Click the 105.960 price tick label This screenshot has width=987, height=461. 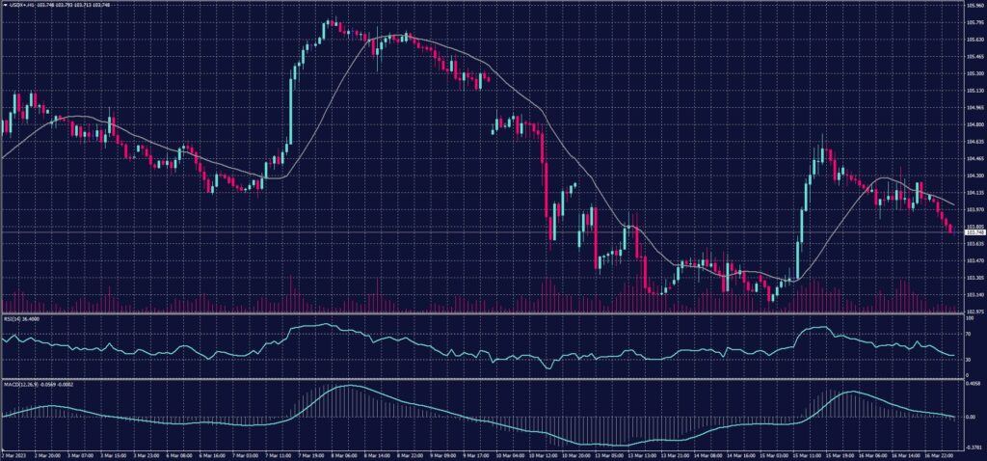[974, 6]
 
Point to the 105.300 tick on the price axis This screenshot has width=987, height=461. [974, 73]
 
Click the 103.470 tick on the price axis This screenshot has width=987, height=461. [974, 260]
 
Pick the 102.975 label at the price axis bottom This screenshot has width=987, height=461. [974, 311]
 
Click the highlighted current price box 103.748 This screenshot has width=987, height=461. [974, 232]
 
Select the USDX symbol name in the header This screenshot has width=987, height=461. [17, 4]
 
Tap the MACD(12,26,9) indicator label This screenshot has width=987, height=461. [17, 384]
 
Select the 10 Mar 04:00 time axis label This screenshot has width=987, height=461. [506, 454]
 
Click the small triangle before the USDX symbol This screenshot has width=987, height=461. [4, 4]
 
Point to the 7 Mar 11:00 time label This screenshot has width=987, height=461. [280, 454]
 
